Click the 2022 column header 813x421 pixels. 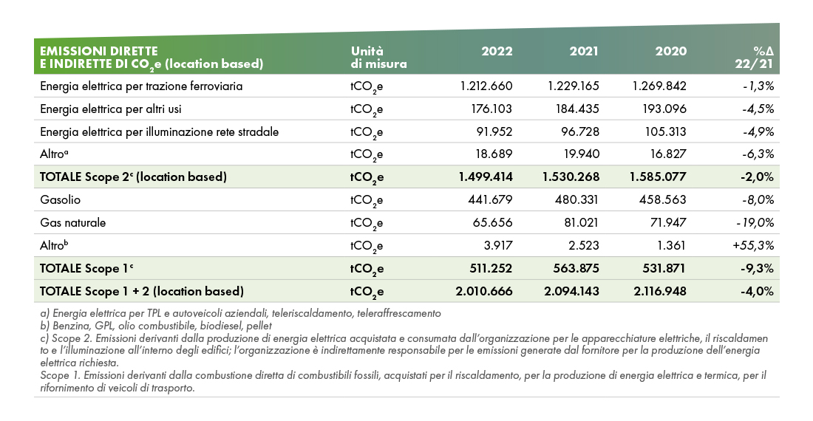pos(497,51)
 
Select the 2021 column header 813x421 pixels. pos(584,51)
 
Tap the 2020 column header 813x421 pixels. pos(670,51)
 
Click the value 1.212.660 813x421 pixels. pos(486,86)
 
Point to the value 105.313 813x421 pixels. pos(665,131)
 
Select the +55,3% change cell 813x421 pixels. pos(753,245)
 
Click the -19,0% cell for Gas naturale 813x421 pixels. pos(755,222)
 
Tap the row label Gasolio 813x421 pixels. pos(60,200)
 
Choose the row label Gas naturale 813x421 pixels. pos(72,222)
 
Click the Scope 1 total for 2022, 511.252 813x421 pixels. pos(490,268)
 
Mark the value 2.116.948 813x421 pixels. pos(659,291)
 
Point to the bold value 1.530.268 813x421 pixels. pos(571,177)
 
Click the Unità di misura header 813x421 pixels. pos(378,58)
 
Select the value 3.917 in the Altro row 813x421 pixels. pos(497,245)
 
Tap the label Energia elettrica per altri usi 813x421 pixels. pos(110,109)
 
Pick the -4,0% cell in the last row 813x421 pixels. pos(757,291)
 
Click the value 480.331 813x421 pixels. pos(576,200)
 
